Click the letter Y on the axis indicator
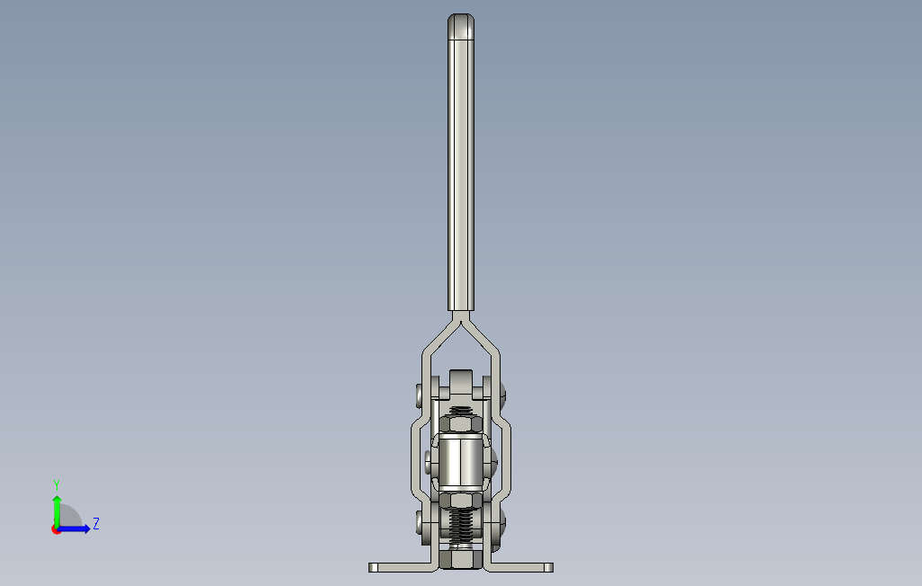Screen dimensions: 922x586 [57, 485]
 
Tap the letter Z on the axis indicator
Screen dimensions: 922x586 [96, 524]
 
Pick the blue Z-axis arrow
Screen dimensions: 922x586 [74, 529]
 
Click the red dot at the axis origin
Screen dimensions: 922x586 [56, 530]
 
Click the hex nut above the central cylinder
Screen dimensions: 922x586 [461, 424]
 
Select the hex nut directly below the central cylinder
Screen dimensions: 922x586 [461, 501]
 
